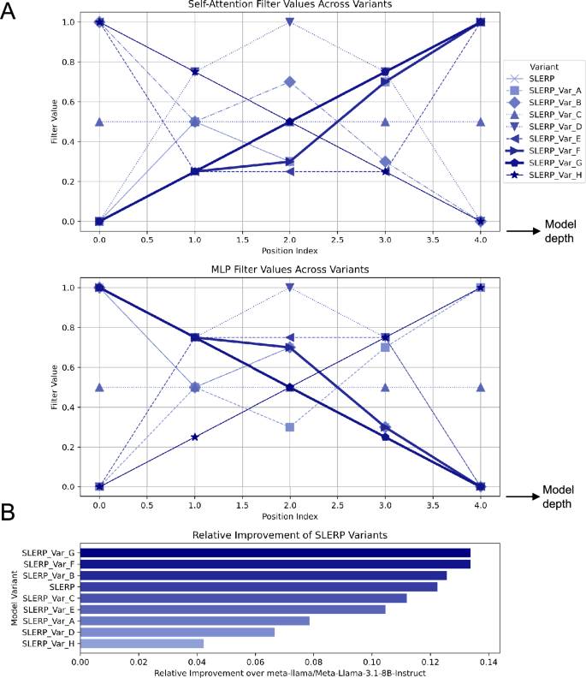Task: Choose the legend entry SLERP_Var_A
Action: click(555, 90)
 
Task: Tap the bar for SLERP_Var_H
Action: click(142, 643)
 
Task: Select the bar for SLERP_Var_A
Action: click(195, 620)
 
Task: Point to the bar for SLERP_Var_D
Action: click(177, 632)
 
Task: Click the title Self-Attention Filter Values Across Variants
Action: click(290, 6)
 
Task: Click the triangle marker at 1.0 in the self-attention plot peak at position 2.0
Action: click(290, 22)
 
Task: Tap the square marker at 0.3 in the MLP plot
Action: click(290, 426)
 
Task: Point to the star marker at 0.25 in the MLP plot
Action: click(195, 437)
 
